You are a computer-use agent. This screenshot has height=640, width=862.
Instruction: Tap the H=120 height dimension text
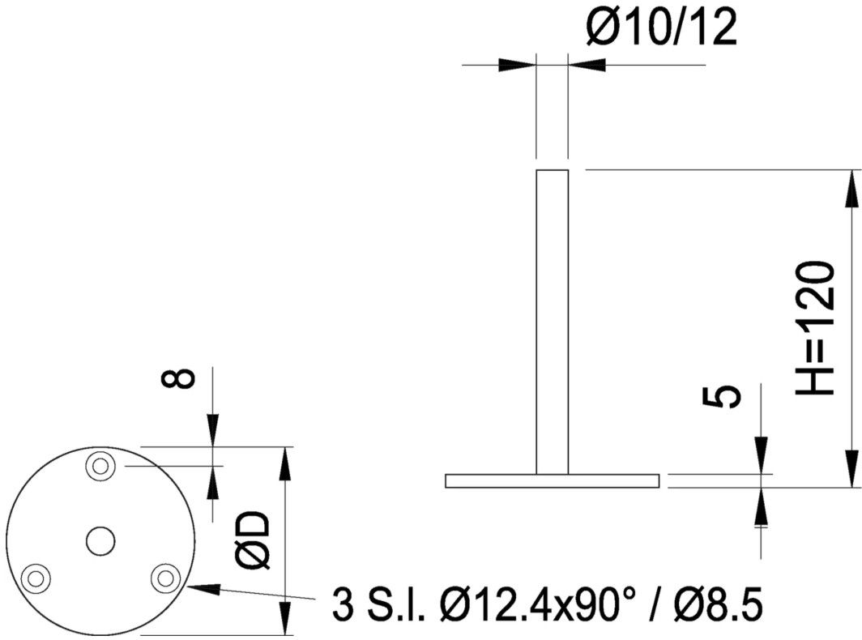(x=816, y=328)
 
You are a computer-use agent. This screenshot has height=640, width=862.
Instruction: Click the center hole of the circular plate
(x=100, y=541)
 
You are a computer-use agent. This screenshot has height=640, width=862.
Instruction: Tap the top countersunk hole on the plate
(x=100, y=467)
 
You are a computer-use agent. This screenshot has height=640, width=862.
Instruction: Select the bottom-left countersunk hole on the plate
(x=36, y=578)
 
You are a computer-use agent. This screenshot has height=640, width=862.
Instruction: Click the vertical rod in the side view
(x=553, y=322)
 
